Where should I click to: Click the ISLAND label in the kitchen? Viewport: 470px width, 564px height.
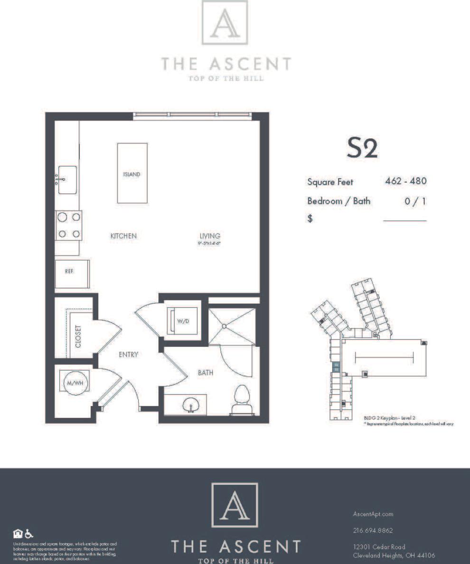pyautogui.click(x=132, y=174)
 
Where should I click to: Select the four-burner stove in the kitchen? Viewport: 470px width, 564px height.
pyautogui.click(x=68, y=225)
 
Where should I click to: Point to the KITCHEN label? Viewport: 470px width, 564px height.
pyautogui.click(x=123, y=236)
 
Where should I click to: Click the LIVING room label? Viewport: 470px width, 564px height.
pyautogui.click(x=209, y=236)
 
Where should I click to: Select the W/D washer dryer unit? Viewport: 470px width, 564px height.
pyautogui.click(x=182, y=321)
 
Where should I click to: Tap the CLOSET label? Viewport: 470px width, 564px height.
pyautogui.click(x=78, y=336)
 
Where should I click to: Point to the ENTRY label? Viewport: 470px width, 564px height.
pyautogui.click(x=128, y=354)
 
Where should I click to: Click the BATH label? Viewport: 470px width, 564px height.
pyautogui.click(x=205, y=373)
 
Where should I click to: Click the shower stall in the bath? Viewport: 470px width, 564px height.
pyautogui.click(x=232, y=326)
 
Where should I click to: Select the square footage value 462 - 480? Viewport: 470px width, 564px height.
pyautogui.click(x=406, y=181)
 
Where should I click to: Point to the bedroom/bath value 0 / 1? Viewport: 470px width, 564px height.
pyautogui.click(x=415, y=201)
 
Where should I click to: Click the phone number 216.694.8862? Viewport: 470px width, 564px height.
pyautogui.click(x=373, y=530)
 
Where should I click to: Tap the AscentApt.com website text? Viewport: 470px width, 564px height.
pyautogui.click(x=373, y=514)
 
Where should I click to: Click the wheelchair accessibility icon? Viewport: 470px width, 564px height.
pyautogui.click(x=29, y=533)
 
